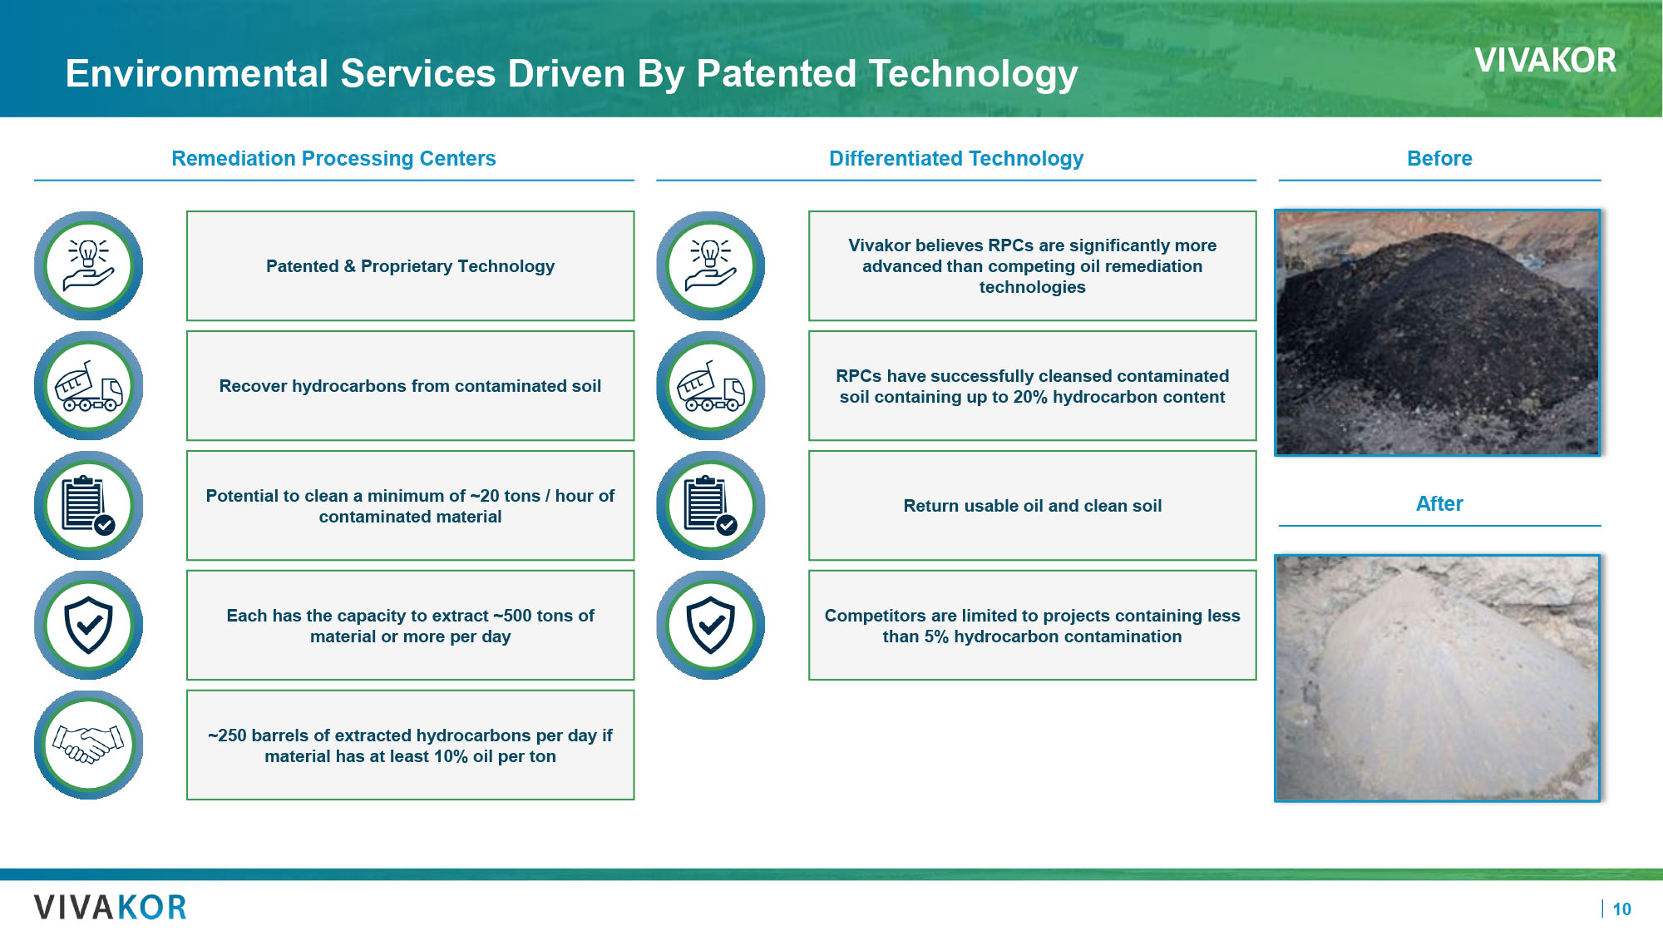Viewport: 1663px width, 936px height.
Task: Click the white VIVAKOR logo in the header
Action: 1545,61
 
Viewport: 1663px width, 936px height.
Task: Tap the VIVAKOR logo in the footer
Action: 111,907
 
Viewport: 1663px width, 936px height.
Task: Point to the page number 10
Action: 1621,909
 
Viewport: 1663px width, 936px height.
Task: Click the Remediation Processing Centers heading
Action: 333,158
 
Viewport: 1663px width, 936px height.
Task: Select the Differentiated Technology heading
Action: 956,158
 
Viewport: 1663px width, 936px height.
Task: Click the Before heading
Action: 1439,158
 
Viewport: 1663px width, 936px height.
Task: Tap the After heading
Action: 1439,503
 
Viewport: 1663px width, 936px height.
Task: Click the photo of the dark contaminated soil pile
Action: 1437,333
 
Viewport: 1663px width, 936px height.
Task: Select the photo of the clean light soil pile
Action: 1437,678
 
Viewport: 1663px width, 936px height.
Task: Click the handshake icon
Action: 88,745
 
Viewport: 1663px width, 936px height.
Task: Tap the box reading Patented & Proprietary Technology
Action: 410,266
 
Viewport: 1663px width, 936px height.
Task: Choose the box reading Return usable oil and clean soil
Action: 1032,506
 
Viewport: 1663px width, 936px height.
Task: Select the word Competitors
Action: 875,616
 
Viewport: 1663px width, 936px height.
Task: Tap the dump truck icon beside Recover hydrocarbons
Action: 88,386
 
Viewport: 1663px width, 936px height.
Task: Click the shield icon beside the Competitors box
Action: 710,625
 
